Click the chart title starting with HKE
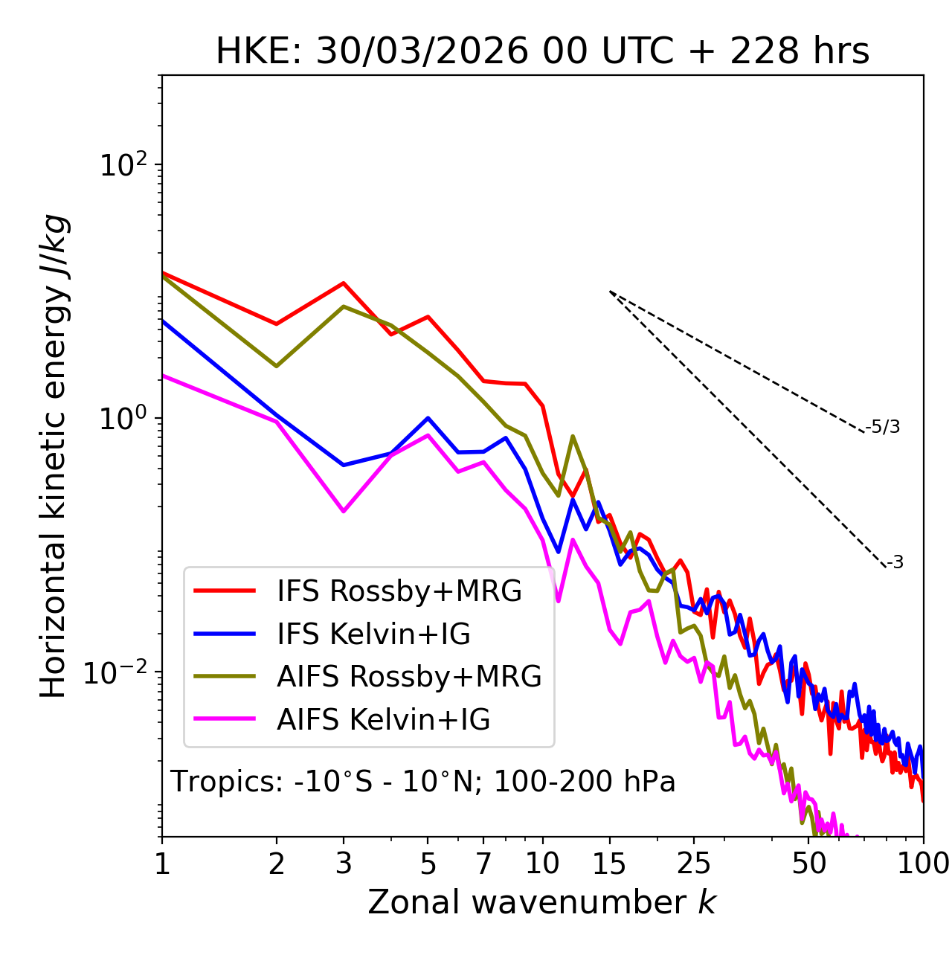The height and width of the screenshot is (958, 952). coord(542,52)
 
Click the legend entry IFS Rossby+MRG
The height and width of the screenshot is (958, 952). coord(399,591)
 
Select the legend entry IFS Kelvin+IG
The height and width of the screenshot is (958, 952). coord(373,634)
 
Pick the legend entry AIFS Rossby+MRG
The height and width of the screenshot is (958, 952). coord(409,677)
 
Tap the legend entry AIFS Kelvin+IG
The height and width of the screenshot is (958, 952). coord(383,720)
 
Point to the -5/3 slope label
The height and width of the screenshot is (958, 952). coord(883,427)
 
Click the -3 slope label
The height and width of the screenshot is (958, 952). coord(895,562)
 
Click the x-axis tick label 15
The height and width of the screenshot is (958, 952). coord(609,864)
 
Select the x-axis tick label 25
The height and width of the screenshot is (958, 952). coord(694,864)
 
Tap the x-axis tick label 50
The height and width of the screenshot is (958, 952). coord(809,864)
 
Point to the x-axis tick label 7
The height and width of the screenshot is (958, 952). coord(483,864)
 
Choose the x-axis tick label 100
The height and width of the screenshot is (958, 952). coord(922,864)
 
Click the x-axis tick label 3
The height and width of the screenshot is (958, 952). coord(344,864)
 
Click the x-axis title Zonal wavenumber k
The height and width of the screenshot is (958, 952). coord(542,902)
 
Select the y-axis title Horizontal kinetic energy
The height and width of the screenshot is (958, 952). coord(54,457)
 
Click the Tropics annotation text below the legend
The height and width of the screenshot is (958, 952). coord(423,782)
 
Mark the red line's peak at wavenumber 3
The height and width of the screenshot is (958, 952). coord(344,283)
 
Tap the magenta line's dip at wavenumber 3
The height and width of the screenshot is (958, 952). coord(344,512)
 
